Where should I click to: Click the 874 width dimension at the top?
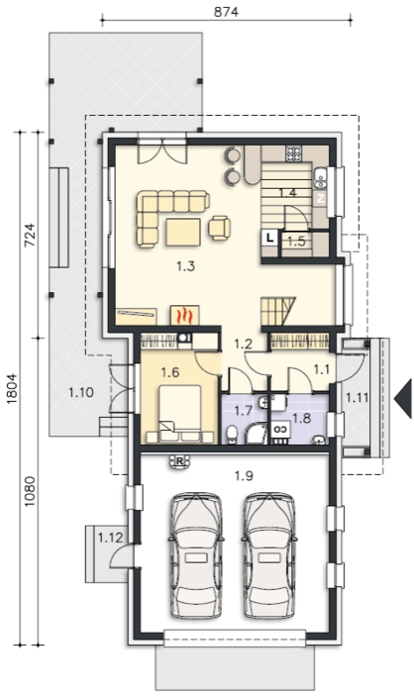click(226, 12)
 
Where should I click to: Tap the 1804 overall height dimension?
click(13, 388)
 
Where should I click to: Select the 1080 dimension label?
click(30, 492)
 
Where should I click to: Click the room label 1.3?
click(185, 266)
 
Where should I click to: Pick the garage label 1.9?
click(244, 476)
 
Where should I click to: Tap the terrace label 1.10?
click(81, 392)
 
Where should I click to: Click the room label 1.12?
click(110, 538)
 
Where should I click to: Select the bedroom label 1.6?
click(170, 372)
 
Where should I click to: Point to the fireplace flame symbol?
click(185, 316)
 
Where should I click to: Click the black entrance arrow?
click(402, 398)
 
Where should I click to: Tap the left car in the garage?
click(196, 554)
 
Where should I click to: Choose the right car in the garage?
click(269, 554)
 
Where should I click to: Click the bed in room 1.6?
click(179, 414)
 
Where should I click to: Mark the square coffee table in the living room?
click(183, 232)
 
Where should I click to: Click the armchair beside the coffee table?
click(220, 228)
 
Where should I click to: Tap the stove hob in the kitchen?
click(293, 153)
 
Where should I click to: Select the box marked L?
click(269, 239)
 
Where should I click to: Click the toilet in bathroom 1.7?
click(232, 434)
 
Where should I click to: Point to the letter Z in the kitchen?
click(321, 198)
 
